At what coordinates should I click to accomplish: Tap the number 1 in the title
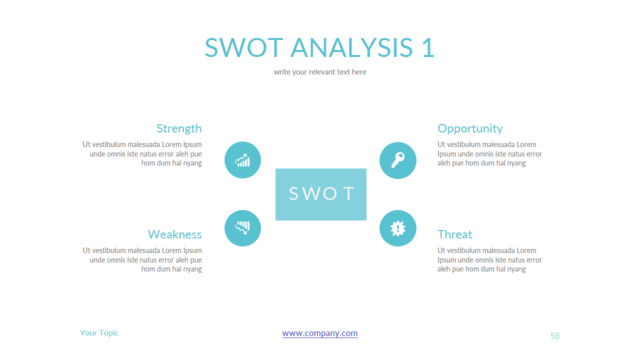[x=428, y=47]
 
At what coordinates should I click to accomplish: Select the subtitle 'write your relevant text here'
[x=320, y=72]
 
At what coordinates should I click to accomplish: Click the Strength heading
[x=179, y=128]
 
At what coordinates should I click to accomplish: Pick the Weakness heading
[x=175, y=234]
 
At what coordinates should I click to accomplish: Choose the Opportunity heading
[x=470, y=128]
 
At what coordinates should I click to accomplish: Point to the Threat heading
[x=455, y=234]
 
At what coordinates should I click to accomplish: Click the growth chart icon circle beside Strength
[x=243, y=160]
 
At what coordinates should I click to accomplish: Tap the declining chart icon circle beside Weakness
[x=243, y=228]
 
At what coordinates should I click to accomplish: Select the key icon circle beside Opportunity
[x=398, y=160]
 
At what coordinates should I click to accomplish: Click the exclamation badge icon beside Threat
[x=398, y=228]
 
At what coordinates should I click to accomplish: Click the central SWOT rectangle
[x=321, y=194]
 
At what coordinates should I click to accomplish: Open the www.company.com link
[x=320, y=333]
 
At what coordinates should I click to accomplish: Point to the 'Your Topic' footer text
[x=99, y=333]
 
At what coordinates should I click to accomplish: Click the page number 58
[x=555, y=336]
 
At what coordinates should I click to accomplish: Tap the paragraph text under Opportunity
[x=490, y=153]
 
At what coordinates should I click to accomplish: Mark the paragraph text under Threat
[x=490, y=259]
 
